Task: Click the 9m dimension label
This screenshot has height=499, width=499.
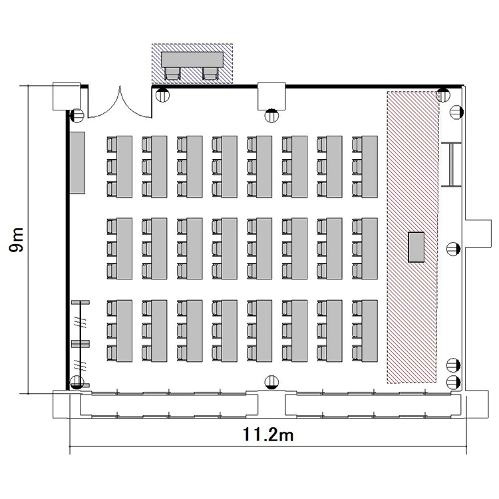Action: click(x=16, y=240)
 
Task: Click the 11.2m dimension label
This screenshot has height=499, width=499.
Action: click(x=268, y=434)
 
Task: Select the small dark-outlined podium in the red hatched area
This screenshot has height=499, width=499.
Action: click(x=416, y=247)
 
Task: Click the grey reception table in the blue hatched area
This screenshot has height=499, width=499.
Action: click(x=192, y=59)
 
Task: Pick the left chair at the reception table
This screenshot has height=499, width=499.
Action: click(x=172, y=73)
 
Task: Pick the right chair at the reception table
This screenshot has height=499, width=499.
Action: click(x=210, y=73)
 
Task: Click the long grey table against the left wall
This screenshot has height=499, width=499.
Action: click(x=77, y=162)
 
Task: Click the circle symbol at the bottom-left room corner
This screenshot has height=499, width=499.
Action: click(x=77, y=382)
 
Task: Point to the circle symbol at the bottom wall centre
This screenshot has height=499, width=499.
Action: click(x=271, y=382)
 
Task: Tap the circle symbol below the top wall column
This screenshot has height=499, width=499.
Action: click(x=271, y=116)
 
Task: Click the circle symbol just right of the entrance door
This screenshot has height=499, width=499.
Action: click(x=162, y=95)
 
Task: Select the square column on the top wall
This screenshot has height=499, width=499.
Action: click(x=271, y=96)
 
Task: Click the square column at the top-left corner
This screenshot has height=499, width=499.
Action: click(x=67, y=96)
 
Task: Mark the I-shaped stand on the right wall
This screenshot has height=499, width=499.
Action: click(x=451, y=164)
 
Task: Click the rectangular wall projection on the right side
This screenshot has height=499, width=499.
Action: click(x=478, y=234)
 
